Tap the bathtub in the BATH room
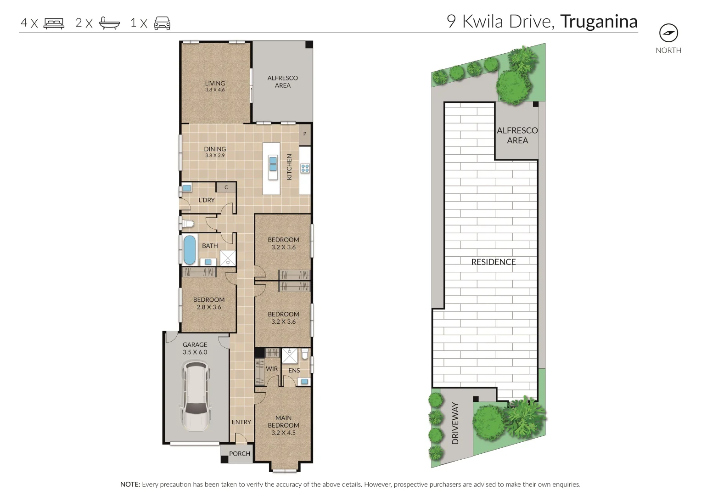tap(189, 250)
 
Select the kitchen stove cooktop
tap(305, 168)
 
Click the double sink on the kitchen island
tap(273, 163)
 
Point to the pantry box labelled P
tap(305, 135)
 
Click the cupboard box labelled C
tap(226, 187)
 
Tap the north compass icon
tap(668, 33)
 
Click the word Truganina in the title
tap(599, 22)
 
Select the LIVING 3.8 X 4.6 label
tap(215, 86)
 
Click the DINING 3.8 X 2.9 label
tap(215, 152)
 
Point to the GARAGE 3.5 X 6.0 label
tap(195, 348)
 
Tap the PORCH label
tap(240, 454)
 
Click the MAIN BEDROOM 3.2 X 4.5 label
tap(283, 425)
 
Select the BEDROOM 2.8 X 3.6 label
tap(209, 303)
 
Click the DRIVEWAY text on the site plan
tap(455, 423)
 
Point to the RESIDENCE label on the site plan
tap(494, 262)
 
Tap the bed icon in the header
tap(54, 23)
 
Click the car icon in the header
tap(162, 23)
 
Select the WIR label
tap(272, 369)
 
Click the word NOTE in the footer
tap(129, 485)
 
